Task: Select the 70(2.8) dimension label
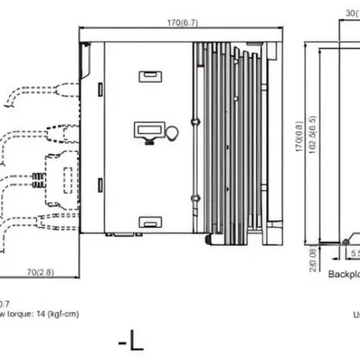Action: pos(39,271)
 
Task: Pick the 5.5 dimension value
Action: pos(354,251)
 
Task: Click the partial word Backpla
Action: pos(343,274)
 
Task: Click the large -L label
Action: pos(131,342)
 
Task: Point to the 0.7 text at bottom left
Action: pos(5,302)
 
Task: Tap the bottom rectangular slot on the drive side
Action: pos(150,222)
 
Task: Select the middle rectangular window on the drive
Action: pos(147,131)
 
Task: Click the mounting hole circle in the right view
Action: pos(346,241)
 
